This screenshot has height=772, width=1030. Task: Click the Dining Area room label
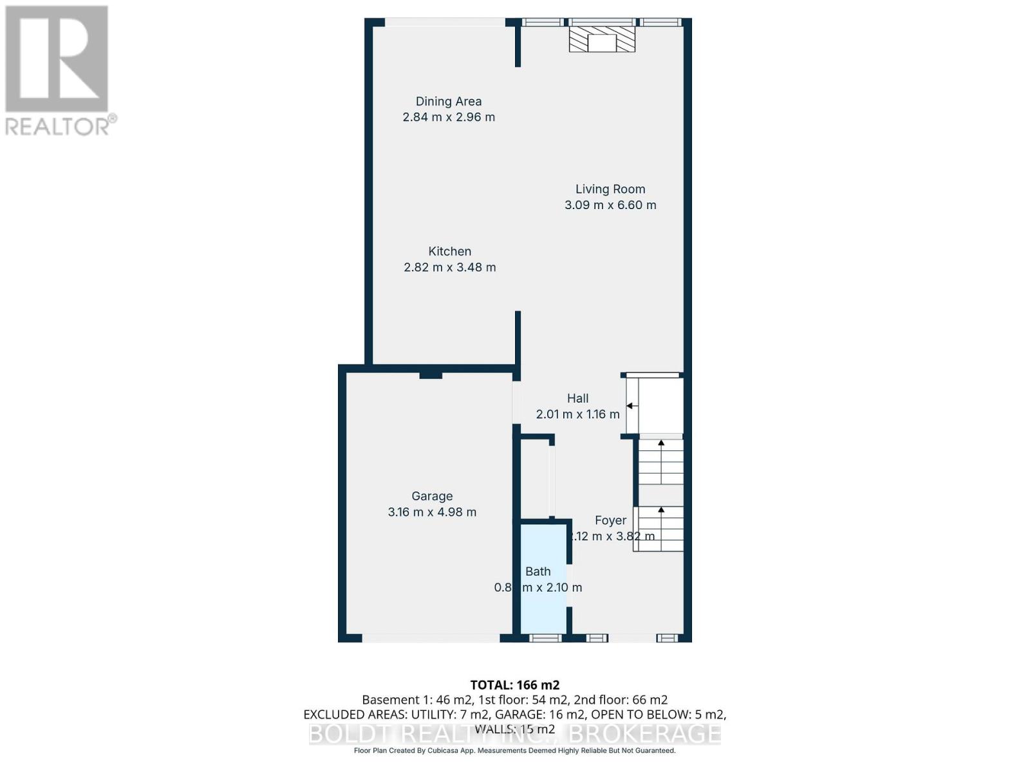pyautogui.click(x=449, y=101)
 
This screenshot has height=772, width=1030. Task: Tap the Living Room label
pyautogui.click(x=610, y=189)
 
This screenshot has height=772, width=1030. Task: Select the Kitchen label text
pyautogui.click(x=450, y=252)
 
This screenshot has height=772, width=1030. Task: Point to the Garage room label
pyautogui.click(x=432, y=496)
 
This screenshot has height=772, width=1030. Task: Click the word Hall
pyautogui.click(x=578, y=398)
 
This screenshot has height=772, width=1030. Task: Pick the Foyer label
pyautogui.click(x=610, y=520)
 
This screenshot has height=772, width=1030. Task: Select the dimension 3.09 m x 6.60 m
pyautogui.click(x=610, y=205)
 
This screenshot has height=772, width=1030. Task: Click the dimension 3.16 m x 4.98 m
pyautogui.click(x=432, y=512)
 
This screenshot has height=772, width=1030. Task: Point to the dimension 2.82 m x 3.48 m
pyautogui.click(x=450, y=267)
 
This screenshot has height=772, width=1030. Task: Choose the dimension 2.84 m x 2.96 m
pyautogui.click(x=449, y=117)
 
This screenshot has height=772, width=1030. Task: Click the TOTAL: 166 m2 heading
pyautogui.click(x=515, y=685)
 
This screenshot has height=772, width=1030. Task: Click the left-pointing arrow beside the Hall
pyautogui.click(x=632, y=406)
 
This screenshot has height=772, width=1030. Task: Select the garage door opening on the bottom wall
pyautogui.click(x=431, y=638)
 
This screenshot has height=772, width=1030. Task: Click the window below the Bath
pyautogui.click(x=545, y=638)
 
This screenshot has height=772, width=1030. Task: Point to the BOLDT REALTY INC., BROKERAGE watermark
pyautogui.click(x=515, y=733)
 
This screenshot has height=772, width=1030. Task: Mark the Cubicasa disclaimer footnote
pyautogui.click(x=515, y=751)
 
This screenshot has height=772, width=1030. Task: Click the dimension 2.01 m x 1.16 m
pyautogui.click(x=578, y=414)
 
